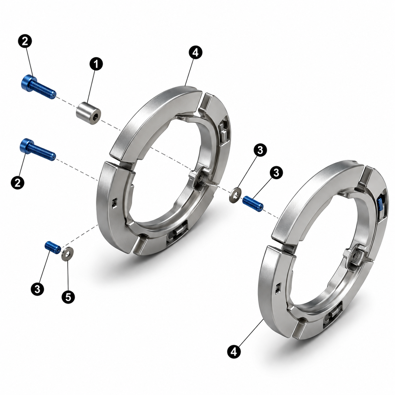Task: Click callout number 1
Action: point(96,64)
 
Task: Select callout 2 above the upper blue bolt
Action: point(25,42)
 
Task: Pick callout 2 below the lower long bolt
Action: point(18,182)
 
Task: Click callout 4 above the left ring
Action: point(196,53)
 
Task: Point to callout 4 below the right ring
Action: point(234,351)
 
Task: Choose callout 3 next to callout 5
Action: point(37,289)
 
